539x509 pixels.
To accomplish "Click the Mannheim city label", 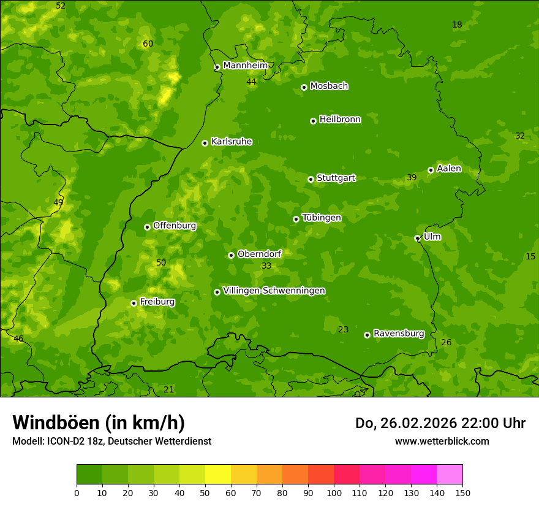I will [x=246, y=66].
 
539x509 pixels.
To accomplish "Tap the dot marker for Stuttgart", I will [x=311, y=179].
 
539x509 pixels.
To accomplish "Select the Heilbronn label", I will [x=340, y=120].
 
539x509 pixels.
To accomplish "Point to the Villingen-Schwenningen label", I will [x=274, y=291].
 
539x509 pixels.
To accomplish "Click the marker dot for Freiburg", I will [x=134, y=303].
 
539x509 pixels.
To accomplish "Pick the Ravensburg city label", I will [x=399, y=334].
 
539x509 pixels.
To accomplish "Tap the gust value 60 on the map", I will [x=148, y=44].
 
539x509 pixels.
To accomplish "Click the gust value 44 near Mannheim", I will [x=251, y=82].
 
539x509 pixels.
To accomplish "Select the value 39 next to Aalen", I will [x=412, y=177].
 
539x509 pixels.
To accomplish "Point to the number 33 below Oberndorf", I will [x=266, y=266].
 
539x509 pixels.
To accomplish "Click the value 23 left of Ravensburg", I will [x=343, y=329].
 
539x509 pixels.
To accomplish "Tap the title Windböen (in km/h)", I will [x=99, y=423].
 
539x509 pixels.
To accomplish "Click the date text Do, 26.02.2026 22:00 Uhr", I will [x=440, y=423].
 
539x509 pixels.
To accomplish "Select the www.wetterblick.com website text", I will [x=442, y=441].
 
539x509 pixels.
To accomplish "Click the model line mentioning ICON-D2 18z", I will [x=111, y=441].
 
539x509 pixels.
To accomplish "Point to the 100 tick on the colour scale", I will [x=334, y=492].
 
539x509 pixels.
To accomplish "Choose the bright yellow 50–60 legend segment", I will [x=218, y=475].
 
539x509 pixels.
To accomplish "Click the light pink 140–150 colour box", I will [x=450, y=475].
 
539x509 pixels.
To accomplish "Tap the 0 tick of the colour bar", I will [x=77, y=492].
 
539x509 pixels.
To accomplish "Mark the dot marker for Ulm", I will [x=417, y=238].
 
